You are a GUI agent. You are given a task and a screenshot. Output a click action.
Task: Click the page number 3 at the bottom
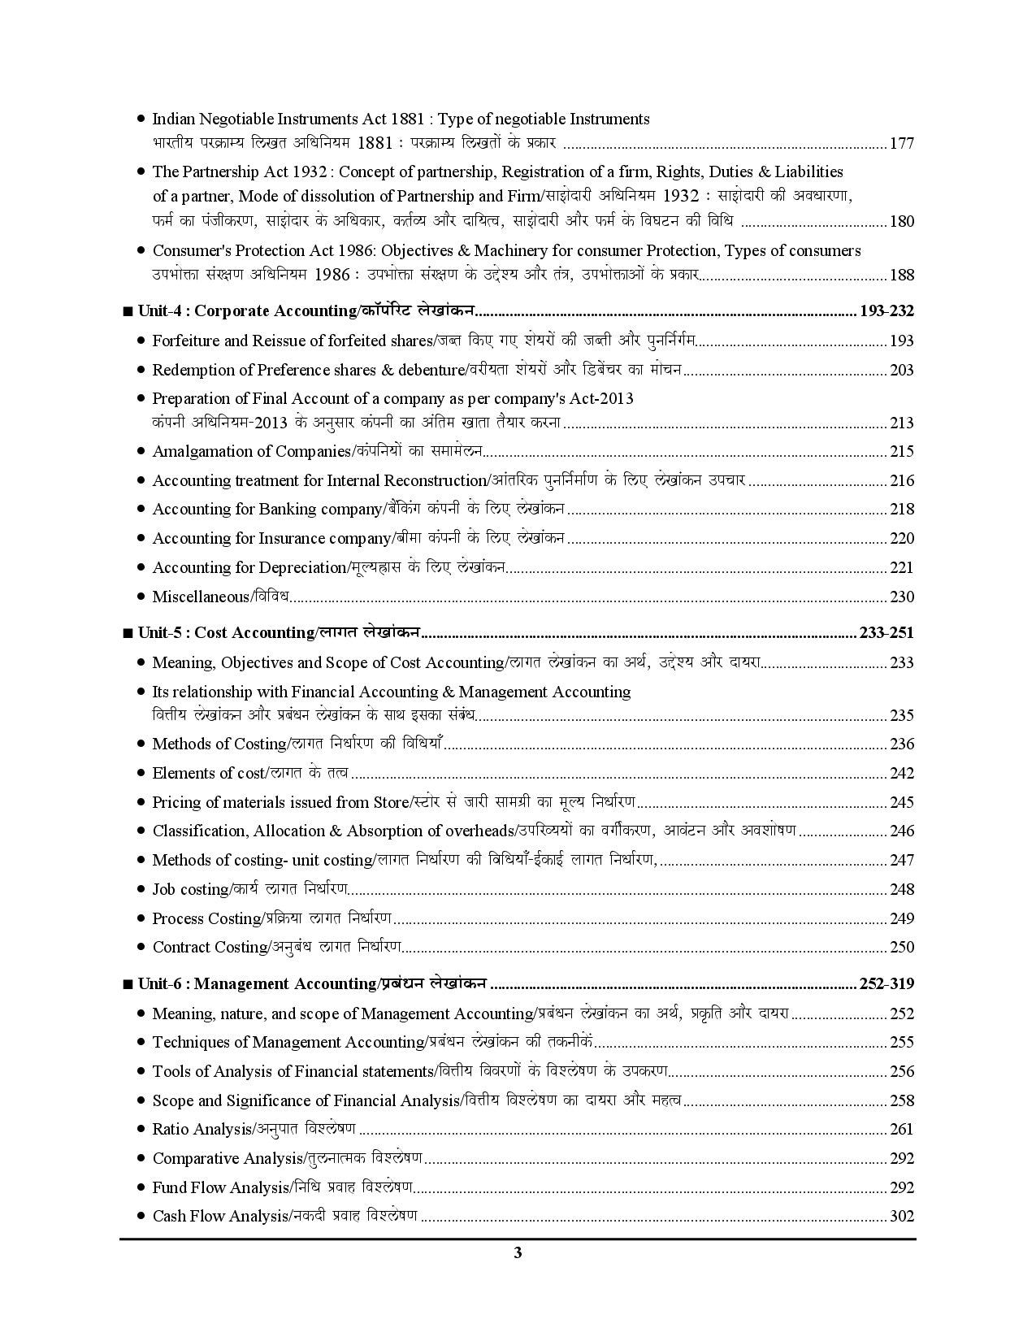click(518, 1252)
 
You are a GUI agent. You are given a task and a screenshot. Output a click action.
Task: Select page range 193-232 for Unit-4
click(886, 311)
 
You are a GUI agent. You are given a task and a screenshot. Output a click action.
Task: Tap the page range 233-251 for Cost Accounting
click(886, 633)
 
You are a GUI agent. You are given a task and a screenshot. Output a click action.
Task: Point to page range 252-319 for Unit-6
click(886, 984)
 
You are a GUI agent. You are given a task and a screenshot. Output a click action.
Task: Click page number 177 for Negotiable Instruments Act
click(902, 144)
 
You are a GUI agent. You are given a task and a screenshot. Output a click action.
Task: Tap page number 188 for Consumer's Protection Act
click(902, 275)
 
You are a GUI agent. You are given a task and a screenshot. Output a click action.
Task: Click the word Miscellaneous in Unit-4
click(200, 597)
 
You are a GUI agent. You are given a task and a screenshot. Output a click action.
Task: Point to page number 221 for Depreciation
click(902, 568)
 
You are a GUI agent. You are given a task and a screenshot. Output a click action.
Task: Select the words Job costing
click(190, 890)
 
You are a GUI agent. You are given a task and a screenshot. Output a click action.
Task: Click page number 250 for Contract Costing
click(902, 948)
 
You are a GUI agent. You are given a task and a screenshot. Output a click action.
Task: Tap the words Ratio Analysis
click(202, 1130)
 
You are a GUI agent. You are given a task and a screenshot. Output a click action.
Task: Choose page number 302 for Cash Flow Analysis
click(902, 1217)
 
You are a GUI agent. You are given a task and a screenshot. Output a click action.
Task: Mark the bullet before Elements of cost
click(141, 774)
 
